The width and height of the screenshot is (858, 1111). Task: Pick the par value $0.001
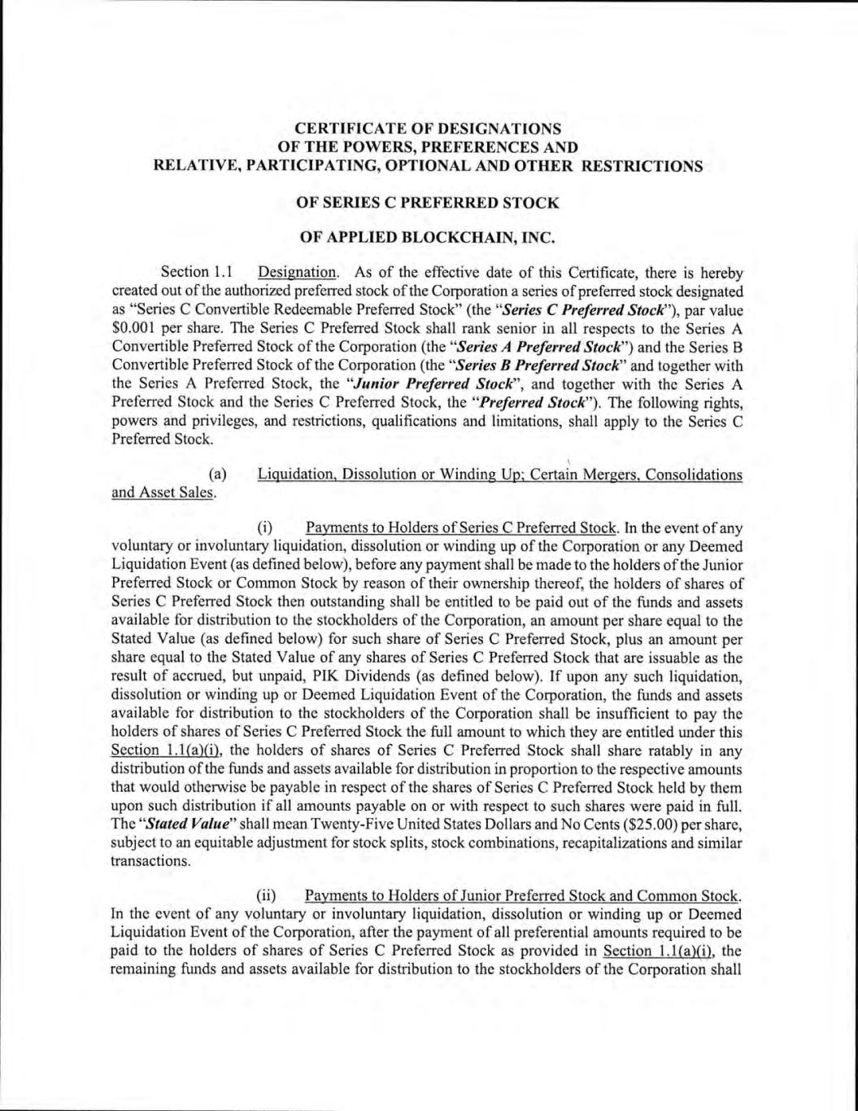(133, 329)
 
